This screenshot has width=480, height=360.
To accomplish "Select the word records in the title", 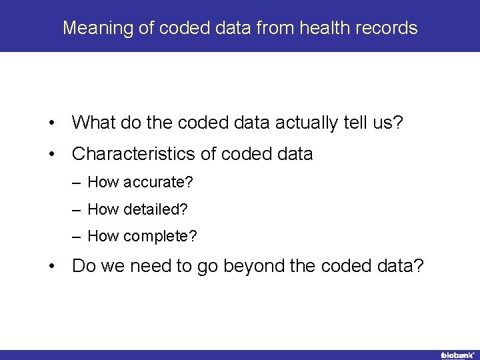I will click(x=389, y=28).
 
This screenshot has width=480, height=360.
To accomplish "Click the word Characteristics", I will click(x=134, y=154).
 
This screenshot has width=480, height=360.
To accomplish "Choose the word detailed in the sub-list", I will click(x=153, y=209).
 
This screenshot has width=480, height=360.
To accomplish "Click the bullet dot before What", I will click(x=51, y=123).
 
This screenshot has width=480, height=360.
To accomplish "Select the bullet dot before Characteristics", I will click(x=51, y=155).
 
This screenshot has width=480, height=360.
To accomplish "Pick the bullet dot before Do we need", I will click(x=51, y=267).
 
